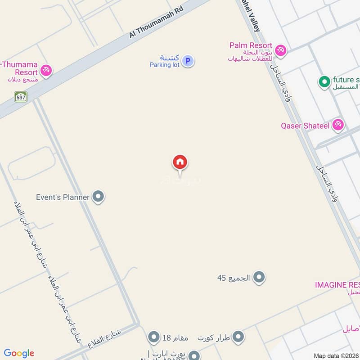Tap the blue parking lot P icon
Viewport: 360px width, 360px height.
(x=189, y=61)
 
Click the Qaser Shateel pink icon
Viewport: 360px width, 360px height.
(x=338, y=125)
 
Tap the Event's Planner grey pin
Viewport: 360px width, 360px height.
(x=98, y=197)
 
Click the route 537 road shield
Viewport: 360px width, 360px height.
(x=21, y=96)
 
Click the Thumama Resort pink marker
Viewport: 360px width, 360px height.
(x=46, y=71)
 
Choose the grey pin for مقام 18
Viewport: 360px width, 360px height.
(x=154, y=337)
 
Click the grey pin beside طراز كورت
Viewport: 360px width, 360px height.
(x=238, y=337)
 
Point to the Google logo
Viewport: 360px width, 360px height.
(x=19, y=353)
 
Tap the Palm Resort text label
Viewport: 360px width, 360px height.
(x=251, y=45)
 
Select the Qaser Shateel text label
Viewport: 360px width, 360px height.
(x=305, y=126)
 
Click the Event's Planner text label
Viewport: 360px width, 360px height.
(x=63, y=197)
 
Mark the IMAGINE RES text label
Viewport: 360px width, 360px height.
(x=337, y=285)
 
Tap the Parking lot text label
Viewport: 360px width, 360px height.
(x=165, y=65)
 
